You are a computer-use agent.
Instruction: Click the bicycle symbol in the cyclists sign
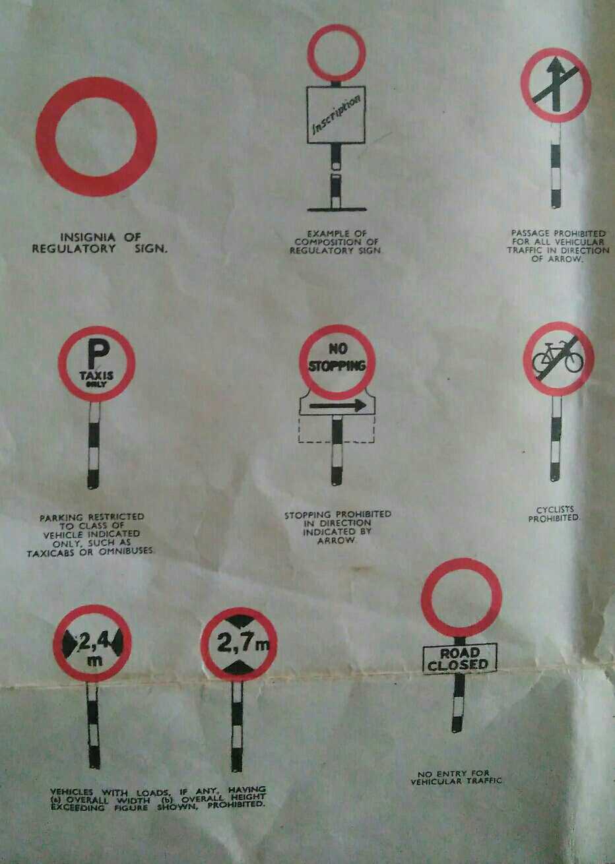[x=558, y=357]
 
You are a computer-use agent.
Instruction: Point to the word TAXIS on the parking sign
[x=96, y=375]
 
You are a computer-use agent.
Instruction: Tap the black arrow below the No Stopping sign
[x=337, y=405]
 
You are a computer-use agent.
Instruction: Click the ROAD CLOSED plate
[x=459, y=658]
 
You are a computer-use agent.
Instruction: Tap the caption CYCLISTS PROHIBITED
[x=554, y=514]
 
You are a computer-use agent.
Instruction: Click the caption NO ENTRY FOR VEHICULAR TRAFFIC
[x=456, y=778]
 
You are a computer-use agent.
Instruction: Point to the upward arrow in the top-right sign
[x=556, y=79]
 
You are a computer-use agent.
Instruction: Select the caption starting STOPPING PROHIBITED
[x=338, y=526]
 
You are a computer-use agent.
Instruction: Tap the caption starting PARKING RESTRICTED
[x=91, y=534]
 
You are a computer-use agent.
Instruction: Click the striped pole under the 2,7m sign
[x=237, y=725]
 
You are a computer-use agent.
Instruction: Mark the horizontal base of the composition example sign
[x=337, y=210]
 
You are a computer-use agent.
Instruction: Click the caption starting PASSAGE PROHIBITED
[x=558, y=246]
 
